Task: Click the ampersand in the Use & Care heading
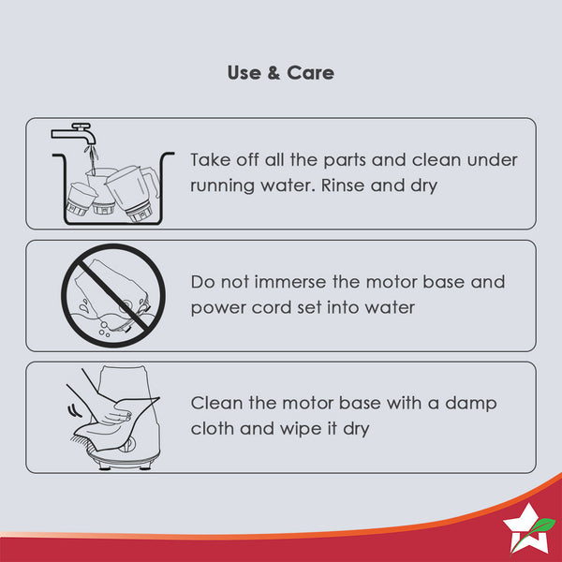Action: (274, 73)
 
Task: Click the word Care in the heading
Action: (310, 73)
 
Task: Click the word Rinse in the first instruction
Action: (342, 185)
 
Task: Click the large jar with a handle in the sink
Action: (133, 193)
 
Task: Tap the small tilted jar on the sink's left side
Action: (81, 199)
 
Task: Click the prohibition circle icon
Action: (113, 295)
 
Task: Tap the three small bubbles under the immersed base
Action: (104, 330)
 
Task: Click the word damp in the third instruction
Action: (470, 404)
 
